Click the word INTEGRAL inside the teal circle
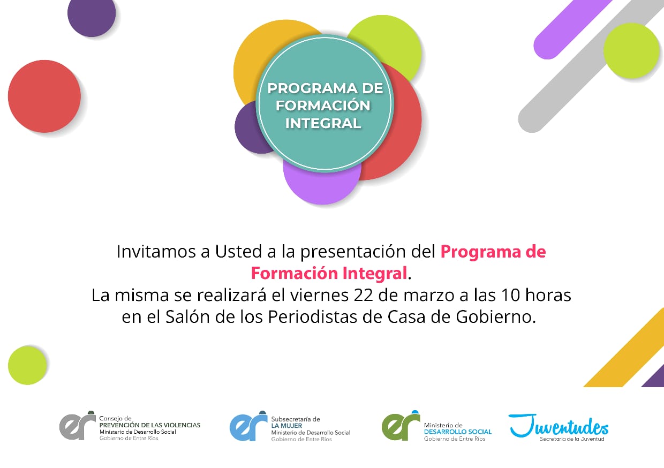(323, 123)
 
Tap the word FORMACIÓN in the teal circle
(323, 105)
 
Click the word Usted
(238, 252)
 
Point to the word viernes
(319, 295)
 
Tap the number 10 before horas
(511, 295)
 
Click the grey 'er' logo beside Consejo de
(77, 426)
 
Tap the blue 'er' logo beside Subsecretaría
(248, 426)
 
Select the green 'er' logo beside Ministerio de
(401, 426)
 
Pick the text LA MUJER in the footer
(286, 426)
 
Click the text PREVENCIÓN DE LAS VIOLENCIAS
(150, 425)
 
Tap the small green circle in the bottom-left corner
(27, 365)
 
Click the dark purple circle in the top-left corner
(92, 13)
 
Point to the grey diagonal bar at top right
(590, 65)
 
